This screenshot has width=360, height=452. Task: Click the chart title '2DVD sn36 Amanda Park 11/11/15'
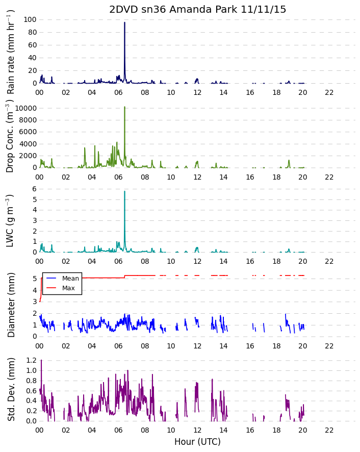pyautogui.click(x=197, y=9)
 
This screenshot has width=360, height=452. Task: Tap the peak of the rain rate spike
pyautogui.click(x=124, y=22)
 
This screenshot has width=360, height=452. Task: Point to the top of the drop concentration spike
pyautogui.click(x=124, y=107)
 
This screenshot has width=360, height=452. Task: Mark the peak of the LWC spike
pyautogui.click(x=124, y=191)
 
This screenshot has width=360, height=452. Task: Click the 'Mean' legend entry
pyautogui.click(x=70, y=279)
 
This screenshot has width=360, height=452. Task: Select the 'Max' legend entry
pyautogui.click(x=68, y=288)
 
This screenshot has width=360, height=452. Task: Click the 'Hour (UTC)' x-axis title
pyautogui.click(x=197, y=442)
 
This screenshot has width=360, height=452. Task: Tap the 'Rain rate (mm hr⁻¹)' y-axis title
pyautogui.click(x=10, y=52)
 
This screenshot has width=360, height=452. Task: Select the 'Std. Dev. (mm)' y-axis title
pyautogui.click(x=11, y=389)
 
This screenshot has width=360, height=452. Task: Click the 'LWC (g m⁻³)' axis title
pyautogui.click(x=10, y=221)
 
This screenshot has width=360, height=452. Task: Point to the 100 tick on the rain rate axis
pyautogui.click(x=30, y=19)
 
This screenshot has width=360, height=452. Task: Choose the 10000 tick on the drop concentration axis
pyautogui.click(x=26, y=108)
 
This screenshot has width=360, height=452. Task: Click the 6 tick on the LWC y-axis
pyautogui.click(x=35, y=189)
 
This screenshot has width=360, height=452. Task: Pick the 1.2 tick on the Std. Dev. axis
pyautogui.click(x=32, y=360)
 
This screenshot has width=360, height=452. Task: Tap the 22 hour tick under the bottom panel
pyautogui.click(x=329, y=430)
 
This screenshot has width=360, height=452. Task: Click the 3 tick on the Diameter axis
pyautogui.click(x=35, y=302)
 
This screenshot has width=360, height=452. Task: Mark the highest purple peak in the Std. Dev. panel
pyautogui.click(x=41, y=360)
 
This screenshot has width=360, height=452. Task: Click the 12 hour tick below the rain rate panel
pyautogui.click(x=197, y=92)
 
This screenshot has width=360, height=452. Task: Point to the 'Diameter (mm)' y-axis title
pyautogui.click(x=11, y=305)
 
